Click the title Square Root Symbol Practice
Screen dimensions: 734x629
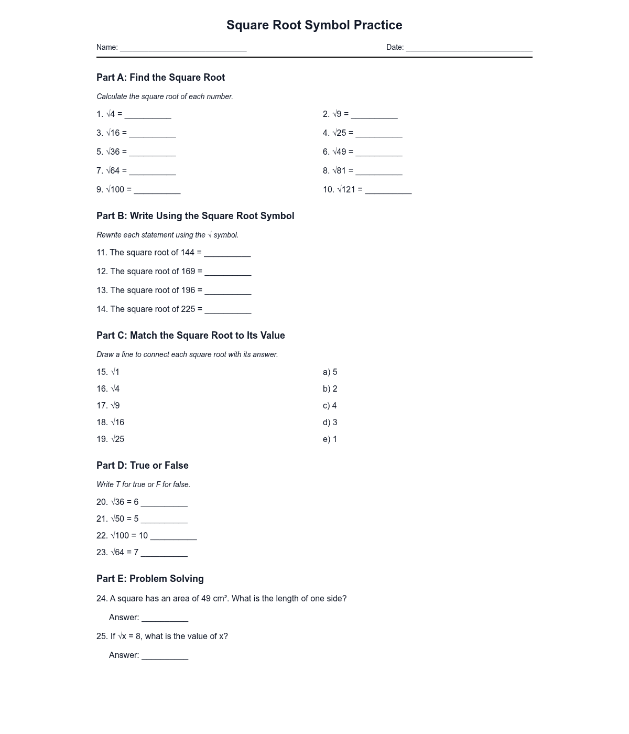314,25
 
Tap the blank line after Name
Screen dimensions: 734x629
183,48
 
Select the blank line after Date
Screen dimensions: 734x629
469,48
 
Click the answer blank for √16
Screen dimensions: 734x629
153,134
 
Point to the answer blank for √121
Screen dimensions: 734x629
388,191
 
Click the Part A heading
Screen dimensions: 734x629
160,78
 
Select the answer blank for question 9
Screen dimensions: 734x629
157,191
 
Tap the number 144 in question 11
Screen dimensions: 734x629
187,253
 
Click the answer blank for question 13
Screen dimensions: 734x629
228,292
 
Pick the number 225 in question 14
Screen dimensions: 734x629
188,309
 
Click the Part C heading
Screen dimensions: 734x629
191,336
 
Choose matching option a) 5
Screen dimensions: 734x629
330,372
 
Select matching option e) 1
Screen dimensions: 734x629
330,439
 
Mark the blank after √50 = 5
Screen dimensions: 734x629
164,520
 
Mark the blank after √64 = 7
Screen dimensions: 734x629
164,554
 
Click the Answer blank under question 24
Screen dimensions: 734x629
165,619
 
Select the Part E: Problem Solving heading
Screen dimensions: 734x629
150,579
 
